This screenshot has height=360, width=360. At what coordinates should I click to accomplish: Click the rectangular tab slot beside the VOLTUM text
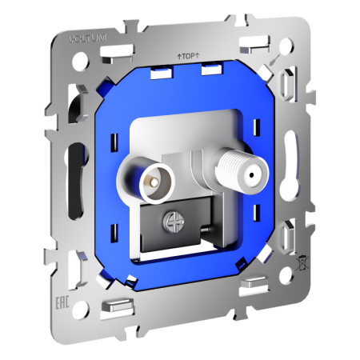[119, 46]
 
